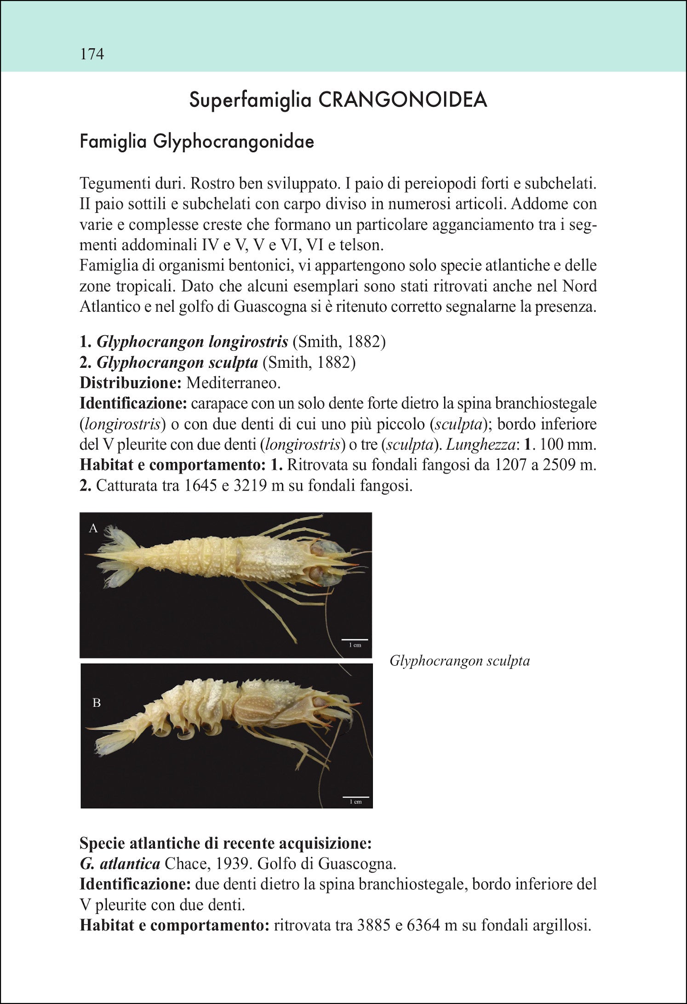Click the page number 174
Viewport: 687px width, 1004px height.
(x=92, y=54)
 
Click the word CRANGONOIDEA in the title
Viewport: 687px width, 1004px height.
(x=403, y=100)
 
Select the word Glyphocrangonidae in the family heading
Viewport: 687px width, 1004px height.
(x=234, y=141)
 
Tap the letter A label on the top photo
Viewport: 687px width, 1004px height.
(x=93, y=528)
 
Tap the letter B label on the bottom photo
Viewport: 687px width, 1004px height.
(x=97, y=702)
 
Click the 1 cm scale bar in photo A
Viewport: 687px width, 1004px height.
(x=355, y=640)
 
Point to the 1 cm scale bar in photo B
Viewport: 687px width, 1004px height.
(x=355, y=797)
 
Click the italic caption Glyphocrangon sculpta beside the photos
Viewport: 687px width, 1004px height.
(x=459, y=661)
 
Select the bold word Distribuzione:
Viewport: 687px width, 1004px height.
(x=131, y=383)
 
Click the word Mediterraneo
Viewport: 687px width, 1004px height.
(x=233, y=383)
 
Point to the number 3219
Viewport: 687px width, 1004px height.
(x=251, y=485)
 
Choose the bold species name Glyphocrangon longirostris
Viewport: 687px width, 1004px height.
(x=192, y=342)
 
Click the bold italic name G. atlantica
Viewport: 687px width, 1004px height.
(x=120, y=864)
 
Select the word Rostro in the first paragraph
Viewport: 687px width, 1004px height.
(x=212, y=183)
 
